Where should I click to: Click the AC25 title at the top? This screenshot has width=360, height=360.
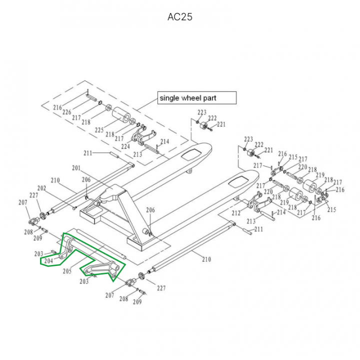point(179,17)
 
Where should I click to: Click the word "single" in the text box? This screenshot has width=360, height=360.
point(168,98)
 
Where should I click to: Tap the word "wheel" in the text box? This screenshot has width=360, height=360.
point(190,98)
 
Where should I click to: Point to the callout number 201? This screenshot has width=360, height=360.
point(76,168)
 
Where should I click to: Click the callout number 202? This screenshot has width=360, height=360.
point(41,188)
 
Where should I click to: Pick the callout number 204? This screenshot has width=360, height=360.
point(48,260)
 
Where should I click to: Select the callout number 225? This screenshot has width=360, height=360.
point(99,130)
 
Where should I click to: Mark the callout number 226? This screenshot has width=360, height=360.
point(66,112)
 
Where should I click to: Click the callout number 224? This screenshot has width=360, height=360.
point(125,146)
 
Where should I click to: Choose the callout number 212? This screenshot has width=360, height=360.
point(236,213)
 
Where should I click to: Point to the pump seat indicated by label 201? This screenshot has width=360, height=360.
point(112,192)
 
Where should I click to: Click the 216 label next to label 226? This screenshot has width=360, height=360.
point(57,107)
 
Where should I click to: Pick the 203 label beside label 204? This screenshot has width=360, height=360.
point(39,254)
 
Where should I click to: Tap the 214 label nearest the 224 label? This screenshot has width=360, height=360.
point(164,141)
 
